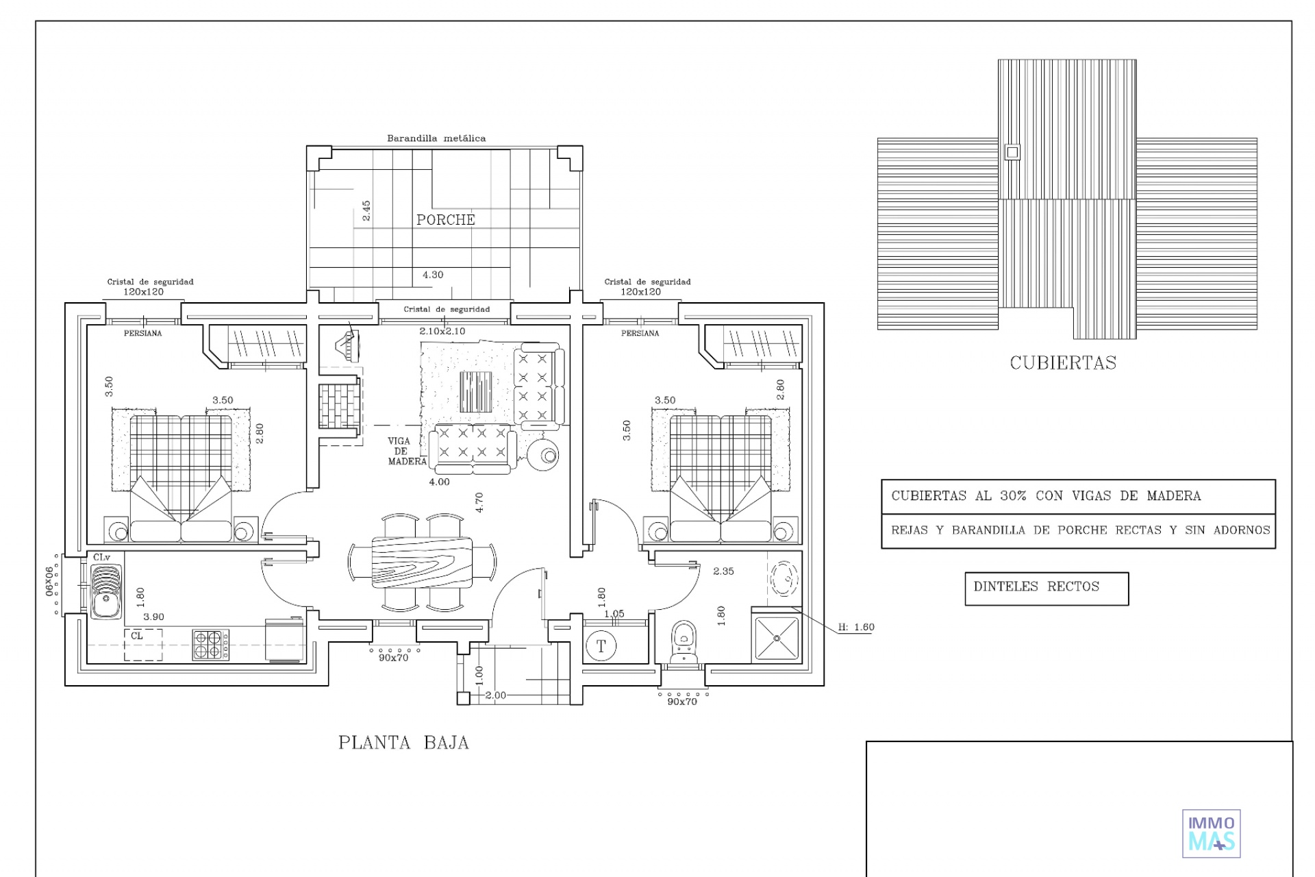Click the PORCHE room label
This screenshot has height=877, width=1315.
point(445,220)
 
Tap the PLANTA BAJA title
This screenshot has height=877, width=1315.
point(403,743)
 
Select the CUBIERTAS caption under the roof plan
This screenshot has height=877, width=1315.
point(1063,362)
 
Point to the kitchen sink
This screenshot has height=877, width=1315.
point(105,591)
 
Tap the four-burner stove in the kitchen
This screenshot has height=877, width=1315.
point(210,645)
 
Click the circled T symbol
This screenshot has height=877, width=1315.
point(601,646)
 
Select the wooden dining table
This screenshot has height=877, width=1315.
point(422,562)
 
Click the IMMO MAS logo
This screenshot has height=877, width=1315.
point(1212,834)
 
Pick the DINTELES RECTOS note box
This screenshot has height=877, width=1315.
point(1047,589)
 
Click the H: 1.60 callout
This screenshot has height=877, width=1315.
point(856,627)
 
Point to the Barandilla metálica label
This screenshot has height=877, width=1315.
point(436,138)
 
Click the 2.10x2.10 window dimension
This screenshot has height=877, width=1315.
point(442,332)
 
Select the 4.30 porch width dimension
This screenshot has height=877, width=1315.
point(433,275)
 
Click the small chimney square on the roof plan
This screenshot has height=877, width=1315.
point(1012,152)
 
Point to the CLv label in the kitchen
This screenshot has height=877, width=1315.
point(101,558)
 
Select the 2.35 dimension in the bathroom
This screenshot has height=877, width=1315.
point(723,571)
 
